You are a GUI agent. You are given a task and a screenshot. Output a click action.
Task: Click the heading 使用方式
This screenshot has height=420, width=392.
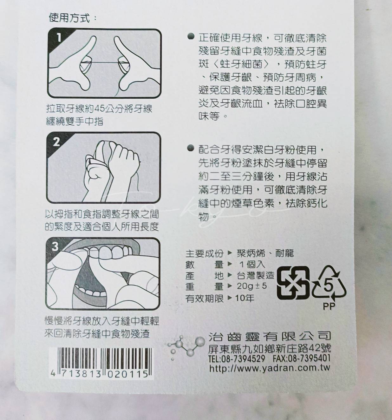point(69,18)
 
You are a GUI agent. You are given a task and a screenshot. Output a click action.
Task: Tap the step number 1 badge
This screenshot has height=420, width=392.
point(59,38)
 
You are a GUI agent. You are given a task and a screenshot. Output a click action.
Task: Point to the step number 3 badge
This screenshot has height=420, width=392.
point(55,246)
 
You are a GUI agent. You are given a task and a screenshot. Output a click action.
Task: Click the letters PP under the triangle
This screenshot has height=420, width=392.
point(329,306)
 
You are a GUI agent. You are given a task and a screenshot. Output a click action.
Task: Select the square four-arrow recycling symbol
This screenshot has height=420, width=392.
point(293,283)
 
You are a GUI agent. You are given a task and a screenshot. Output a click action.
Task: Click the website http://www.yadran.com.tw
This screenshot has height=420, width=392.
point(270,368)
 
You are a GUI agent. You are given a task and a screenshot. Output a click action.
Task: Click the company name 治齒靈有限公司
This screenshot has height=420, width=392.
point(270,336)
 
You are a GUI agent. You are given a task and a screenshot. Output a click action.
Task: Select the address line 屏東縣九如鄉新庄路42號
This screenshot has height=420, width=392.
point(270,349)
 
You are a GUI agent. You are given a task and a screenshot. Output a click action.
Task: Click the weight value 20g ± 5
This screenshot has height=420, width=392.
point(252,286)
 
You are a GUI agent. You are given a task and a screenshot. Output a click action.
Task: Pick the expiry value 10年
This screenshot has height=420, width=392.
point(245,298)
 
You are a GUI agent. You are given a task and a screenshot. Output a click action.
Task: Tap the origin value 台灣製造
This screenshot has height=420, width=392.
point(255,275)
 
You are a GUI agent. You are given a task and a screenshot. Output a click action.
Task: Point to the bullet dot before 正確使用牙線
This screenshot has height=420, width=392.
point(191,36)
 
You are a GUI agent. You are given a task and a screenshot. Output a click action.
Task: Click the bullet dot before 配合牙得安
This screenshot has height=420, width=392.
point(191,148)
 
